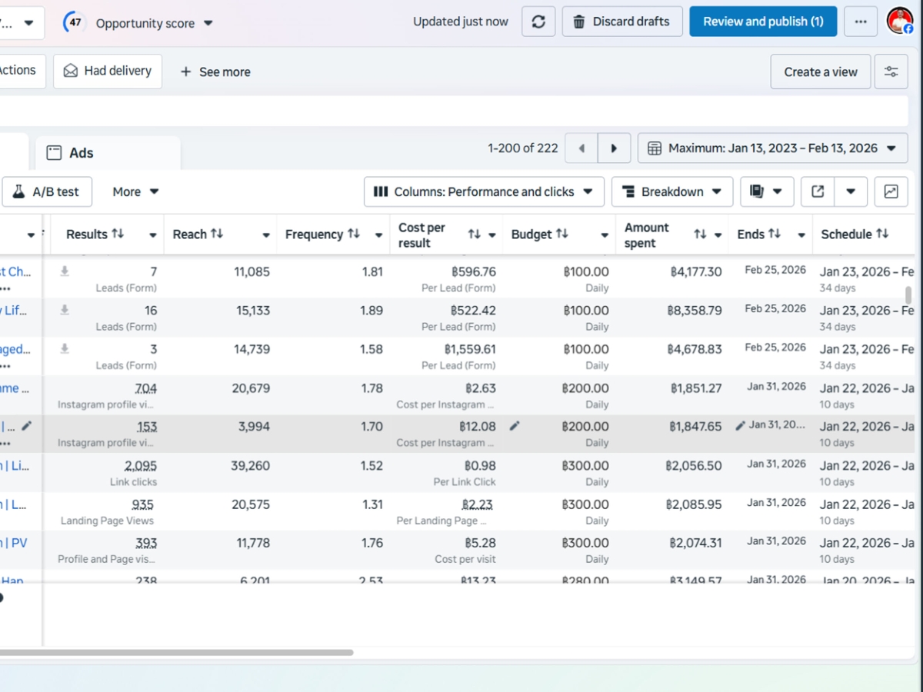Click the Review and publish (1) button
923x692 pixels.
(x=763, y=22)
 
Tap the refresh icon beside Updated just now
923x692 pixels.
(x=538, y=22)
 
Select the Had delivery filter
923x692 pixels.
(x=108, y=71)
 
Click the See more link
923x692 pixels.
(x=215, y=72)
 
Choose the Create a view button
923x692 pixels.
(x=820, y=72)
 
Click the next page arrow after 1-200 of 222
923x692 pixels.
(x=614, y=148)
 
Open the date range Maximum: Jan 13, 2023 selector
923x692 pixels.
(x=772, y=148)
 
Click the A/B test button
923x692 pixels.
(x=47, y=191)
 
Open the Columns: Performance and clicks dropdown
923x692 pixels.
(x=483, y=191)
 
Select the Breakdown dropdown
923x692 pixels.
(x=671, y=191)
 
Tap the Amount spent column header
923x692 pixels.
(x=647, y=235)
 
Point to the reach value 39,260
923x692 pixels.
(x=250, y=465)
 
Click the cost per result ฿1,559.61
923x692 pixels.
(x=470, y=349)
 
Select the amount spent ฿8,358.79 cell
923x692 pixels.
(x=694, y=311)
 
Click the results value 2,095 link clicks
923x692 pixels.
(x=140, y=465)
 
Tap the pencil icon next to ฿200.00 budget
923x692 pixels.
(x=515, y=426)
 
